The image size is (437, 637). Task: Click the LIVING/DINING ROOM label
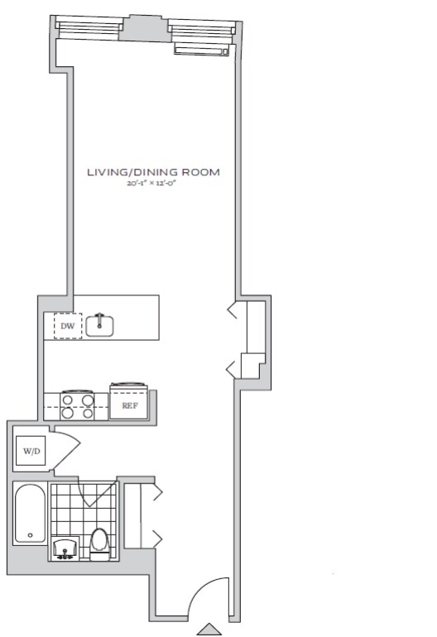(154, 172)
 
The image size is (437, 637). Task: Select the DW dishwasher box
(68, 326)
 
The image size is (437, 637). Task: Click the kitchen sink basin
(99, 327)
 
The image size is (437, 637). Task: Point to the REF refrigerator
(129, 402)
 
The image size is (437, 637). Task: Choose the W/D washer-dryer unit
(31, 451)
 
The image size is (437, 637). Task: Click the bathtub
(30, 514)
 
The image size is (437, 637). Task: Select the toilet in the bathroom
(98, 544)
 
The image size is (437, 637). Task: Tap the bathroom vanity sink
(65, 548)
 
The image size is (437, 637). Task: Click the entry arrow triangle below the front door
(209, 629)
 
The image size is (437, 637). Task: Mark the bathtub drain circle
(30, 535)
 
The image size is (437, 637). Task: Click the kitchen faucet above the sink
(99, 318)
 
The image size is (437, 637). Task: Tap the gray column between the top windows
(145, 28)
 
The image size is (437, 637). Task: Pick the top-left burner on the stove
(68, 400)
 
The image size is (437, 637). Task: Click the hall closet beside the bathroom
(139, 516)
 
